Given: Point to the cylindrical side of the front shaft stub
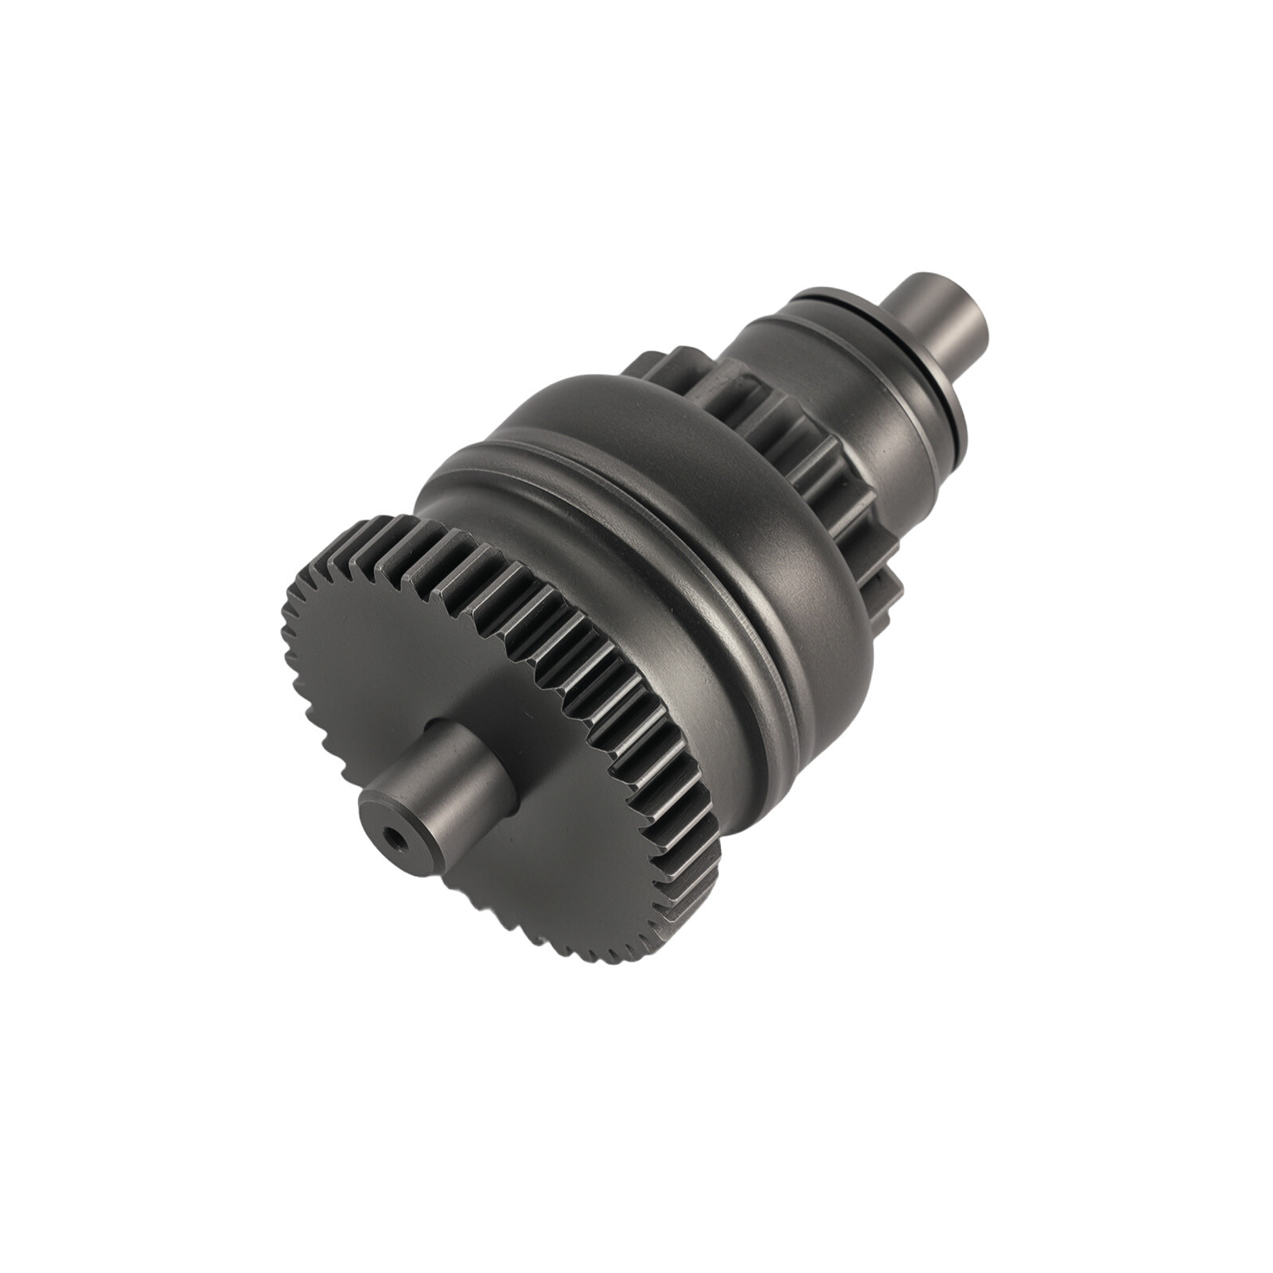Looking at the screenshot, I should (469, 764).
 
